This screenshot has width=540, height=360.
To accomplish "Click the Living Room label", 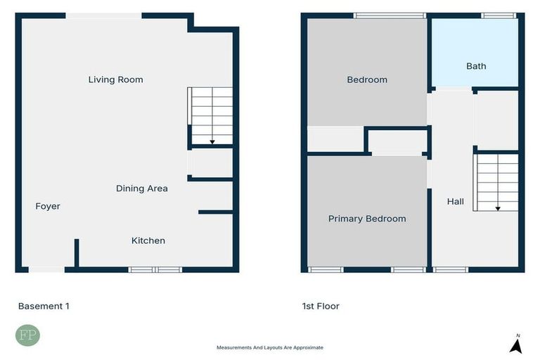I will (115, 79).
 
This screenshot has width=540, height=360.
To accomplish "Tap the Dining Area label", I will (141, 188).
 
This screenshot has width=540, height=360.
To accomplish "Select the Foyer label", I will (48, 207).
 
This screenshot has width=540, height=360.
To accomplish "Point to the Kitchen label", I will (148, 240).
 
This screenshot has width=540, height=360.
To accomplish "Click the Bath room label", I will (476, 66).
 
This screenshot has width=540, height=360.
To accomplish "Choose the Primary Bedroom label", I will (367, 219).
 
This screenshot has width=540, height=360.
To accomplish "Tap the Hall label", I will (456, 202).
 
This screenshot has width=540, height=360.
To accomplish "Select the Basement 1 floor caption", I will (44, 306).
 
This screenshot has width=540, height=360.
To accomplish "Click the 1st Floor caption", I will (320, 306).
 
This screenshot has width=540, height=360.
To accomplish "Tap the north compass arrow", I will (515, 345).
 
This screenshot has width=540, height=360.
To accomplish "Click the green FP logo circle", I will (27, 335).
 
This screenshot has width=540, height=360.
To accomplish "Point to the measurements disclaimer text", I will (270, 347).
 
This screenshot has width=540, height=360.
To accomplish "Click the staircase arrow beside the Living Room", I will (212, 141).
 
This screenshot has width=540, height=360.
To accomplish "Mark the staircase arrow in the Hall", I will (498, 207).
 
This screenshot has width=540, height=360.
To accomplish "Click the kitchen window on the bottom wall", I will (155, 269).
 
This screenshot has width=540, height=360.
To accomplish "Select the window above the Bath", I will (499, 15).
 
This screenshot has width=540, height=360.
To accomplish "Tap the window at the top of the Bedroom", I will (390, 15).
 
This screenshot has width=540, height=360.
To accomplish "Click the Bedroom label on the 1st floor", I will (367, 79).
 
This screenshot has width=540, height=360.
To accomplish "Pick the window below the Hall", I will (451, 269).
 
